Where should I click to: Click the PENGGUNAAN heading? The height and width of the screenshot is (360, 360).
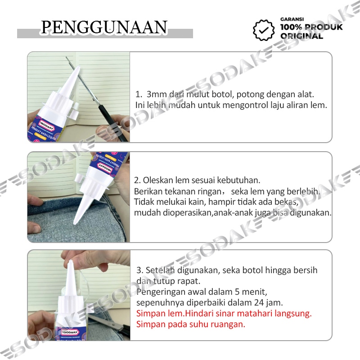point(104,27)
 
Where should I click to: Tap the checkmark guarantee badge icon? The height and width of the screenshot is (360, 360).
point(264,30)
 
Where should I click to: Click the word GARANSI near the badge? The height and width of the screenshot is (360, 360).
point(292,19)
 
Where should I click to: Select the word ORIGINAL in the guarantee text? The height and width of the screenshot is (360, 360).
point(301,36)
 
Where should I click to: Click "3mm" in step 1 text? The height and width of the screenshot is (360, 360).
point(156,94)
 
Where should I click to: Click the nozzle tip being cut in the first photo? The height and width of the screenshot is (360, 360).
point(78,67)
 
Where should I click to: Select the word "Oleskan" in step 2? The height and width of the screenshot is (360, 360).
point(158,180)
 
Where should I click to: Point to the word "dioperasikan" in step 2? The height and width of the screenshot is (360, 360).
point(188,213)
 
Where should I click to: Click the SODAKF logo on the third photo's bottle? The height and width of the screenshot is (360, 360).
point(70,332)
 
